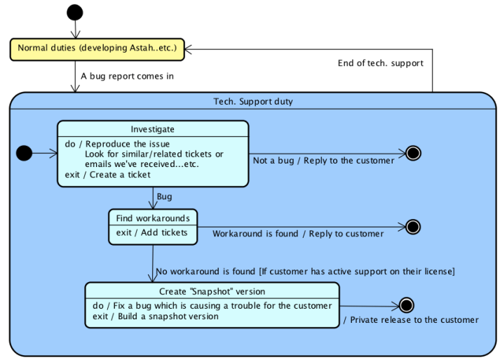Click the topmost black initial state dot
74,12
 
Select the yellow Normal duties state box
97,48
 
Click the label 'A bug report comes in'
127,76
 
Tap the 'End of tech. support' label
380,63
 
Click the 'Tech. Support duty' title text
252,102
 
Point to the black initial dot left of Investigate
24,152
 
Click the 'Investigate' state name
152,129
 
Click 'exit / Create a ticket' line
107,175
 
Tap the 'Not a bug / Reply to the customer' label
323,161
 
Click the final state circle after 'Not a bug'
412,153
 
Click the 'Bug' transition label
164,196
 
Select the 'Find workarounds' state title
153,218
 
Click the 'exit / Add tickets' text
151,232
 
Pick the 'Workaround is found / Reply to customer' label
298,234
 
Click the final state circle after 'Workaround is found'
412,226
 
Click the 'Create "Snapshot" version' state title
212,291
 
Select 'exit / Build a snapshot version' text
155,316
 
